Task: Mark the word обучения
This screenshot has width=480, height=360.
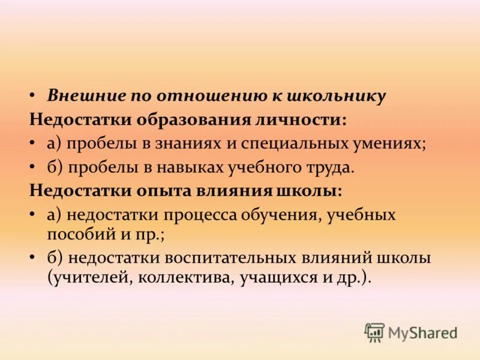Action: [x=284, y=215]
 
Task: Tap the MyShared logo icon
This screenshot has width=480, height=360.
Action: [x=374, y=332]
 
